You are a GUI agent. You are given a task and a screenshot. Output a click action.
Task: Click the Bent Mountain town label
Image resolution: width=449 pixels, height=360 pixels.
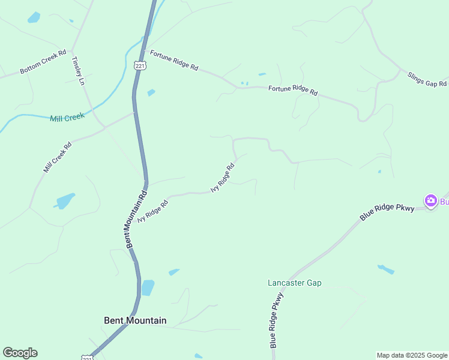[x=135, y=320]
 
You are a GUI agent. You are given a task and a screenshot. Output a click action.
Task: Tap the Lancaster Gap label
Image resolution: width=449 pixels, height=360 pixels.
[x=294, y=283]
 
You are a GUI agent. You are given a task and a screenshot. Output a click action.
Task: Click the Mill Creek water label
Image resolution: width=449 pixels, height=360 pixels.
[x=67, y=118]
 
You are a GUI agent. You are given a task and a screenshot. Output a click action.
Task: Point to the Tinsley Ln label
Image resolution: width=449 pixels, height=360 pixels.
[x=77, y=71]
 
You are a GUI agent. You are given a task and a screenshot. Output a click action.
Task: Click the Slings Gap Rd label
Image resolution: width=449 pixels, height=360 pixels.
[x=427, y=79]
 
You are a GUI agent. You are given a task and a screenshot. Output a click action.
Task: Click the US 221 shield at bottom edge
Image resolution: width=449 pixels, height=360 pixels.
[x=88, y=358]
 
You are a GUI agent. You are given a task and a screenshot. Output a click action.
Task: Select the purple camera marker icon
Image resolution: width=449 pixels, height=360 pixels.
[x=430, y=200]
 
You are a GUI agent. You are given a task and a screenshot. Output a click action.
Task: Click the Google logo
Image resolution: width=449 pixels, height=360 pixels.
[x=20, y=353]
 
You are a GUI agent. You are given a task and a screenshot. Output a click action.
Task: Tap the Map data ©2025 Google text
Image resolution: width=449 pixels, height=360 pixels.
[x=412, y=355]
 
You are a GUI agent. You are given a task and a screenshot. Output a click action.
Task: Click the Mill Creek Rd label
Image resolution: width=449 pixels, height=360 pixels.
[x=58, y=157]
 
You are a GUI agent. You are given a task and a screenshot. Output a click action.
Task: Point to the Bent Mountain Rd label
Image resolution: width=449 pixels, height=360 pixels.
[x=136, y=220]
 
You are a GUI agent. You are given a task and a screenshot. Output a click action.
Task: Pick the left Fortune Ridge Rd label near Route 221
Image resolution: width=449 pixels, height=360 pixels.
[x=174, y=61]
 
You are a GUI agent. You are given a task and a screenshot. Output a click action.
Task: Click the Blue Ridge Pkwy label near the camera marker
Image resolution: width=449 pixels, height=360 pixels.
[x=387, y=211]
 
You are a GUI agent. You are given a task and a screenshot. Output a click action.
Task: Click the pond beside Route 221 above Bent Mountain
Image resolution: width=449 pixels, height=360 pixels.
[x=147, y=287]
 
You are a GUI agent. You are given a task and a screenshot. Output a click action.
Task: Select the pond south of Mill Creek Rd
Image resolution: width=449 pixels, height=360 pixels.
[x=65, y=200]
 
